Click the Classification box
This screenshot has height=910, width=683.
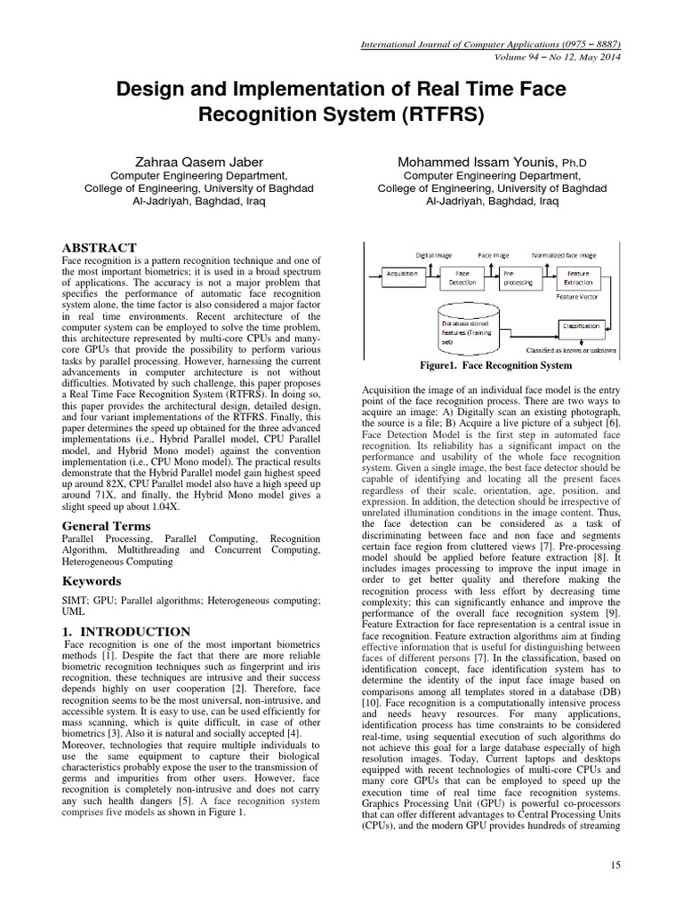tap(582, 327)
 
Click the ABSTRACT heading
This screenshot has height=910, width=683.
tap(99, 247)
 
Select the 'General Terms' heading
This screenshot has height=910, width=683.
tap(106, 525)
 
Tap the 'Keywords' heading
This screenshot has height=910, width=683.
tap(92, 581)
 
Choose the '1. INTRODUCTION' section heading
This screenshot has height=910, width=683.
tap(126, 631)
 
